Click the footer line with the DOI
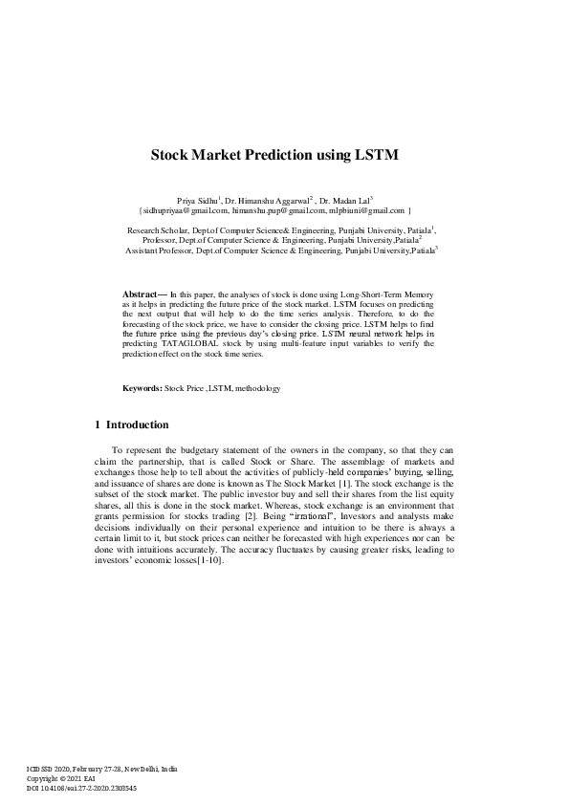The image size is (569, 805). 83,788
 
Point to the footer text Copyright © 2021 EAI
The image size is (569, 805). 61,778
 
